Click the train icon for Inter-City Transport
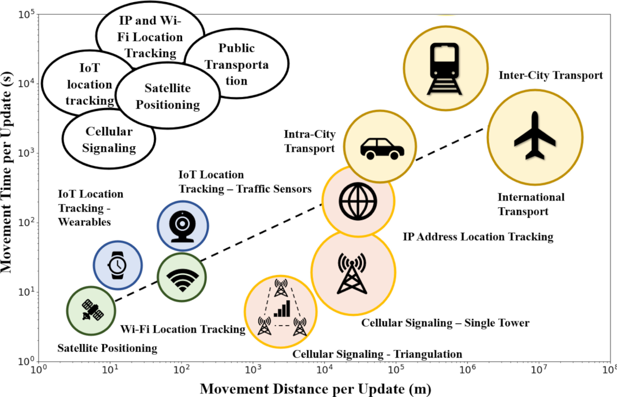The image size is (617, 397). (446, 69)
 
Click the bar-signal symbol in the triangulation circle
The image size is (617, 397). (282, 309)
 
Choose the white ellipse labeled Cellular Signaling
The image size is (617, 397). (108, 140)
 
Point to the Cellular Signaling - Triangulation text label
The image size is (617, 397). (377, 354)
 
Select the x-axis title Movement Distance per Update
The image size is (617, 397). (315, 388)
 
